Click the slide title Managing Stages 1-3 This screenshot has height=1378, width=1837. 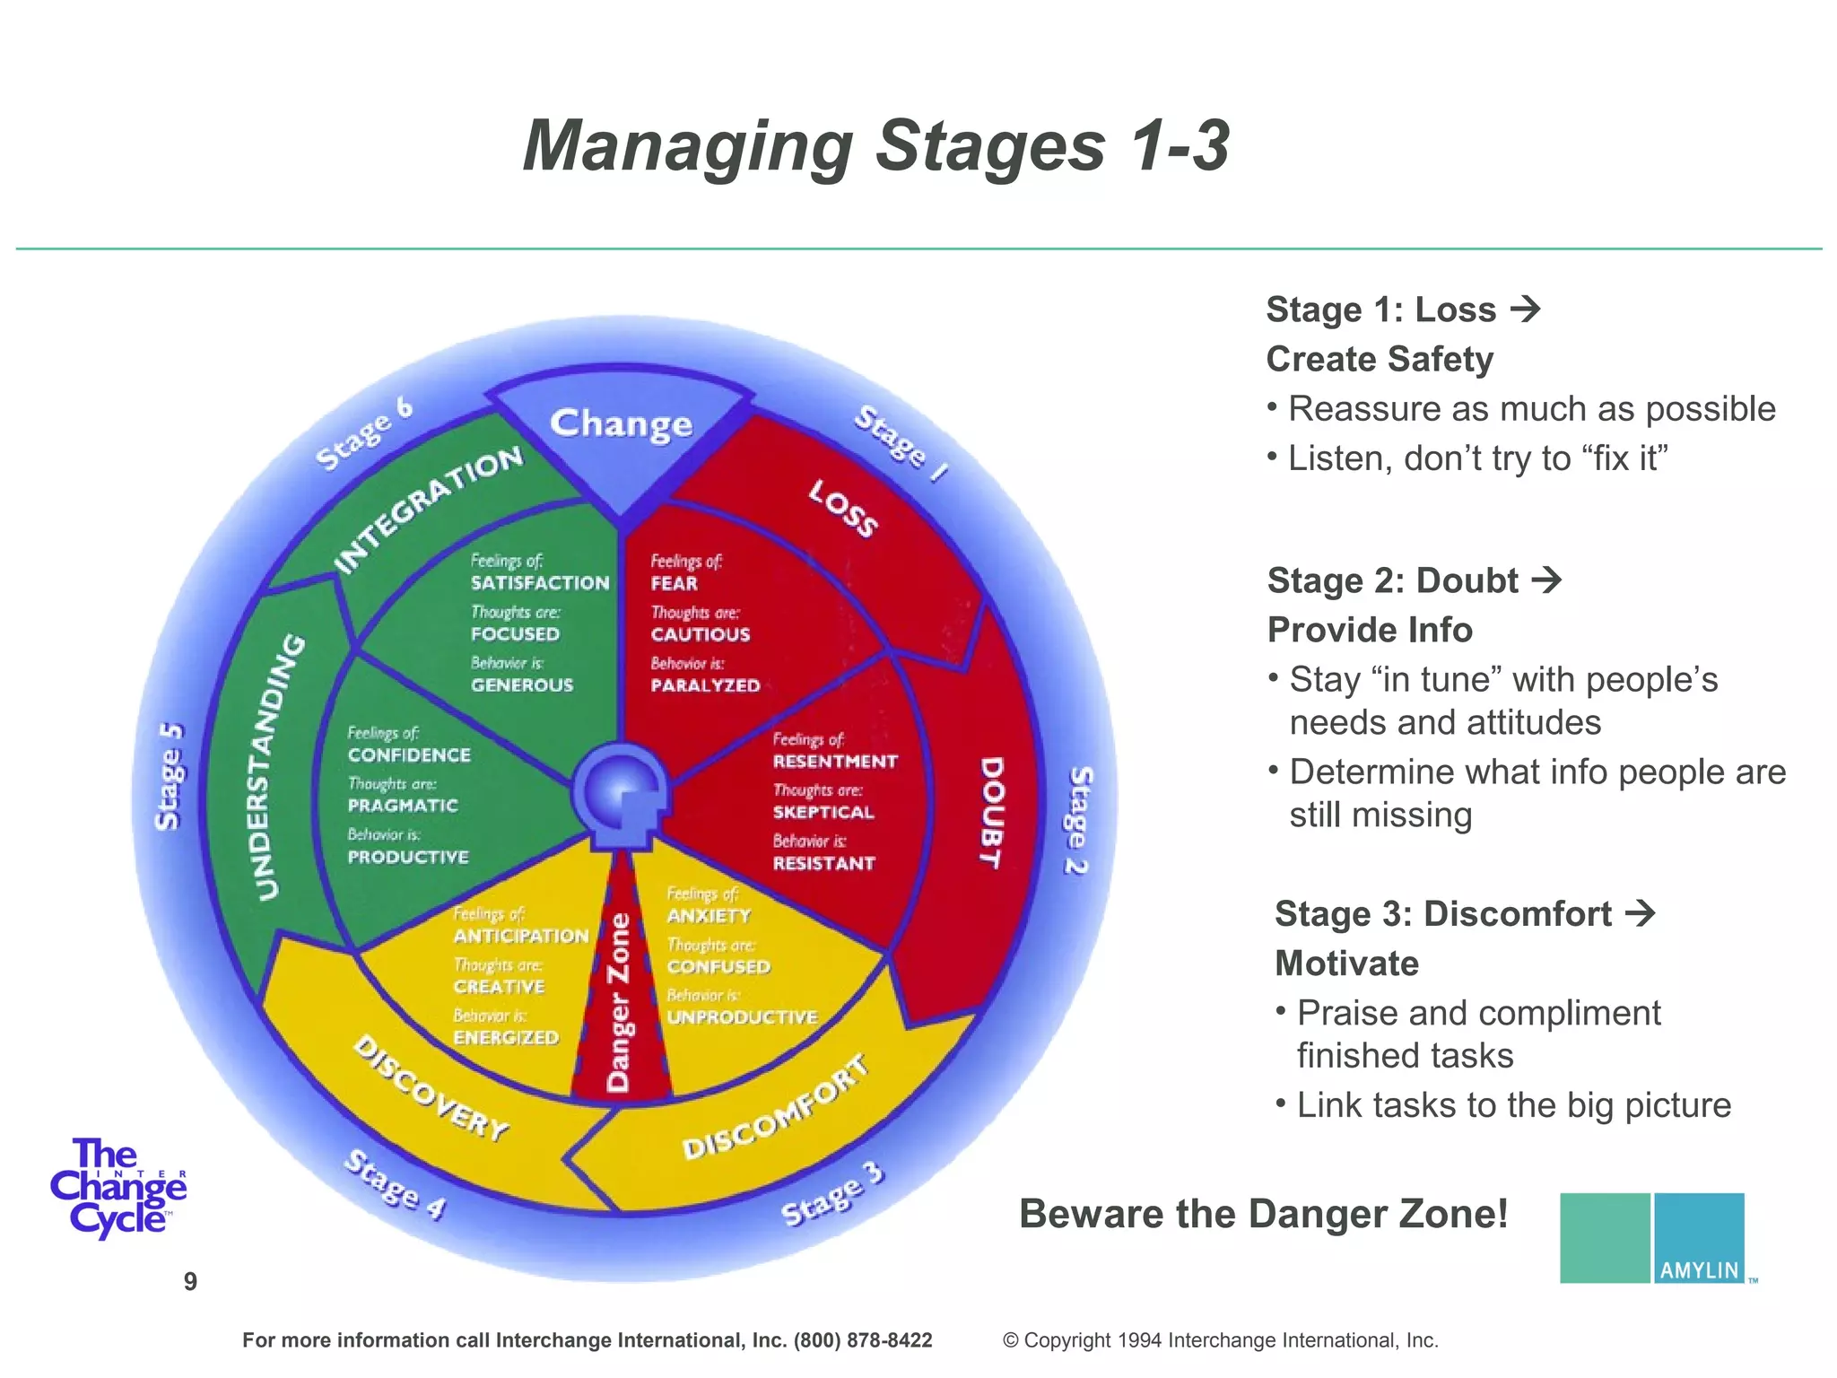[x=875, y=146]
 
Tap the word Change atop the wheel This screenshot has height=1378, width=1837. [x=621, y=423]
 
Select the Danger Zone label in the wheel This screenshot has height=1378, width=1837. [x=619, y=1003]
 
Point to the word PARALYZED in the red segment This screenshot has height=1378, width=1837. [x=705, y=685]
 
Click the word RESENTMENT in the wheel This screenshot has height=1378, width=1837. [x=834, y=762]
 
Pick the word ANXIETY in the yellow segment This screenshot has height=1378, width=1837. [x=709, y=916]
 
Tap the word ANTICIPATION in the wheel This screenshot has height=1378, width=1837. [x=520, y=936]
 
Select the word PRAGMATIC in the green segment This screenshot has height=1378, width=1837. [x=403, y=806]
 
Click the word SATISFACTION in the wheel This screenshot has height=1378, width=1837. [x=540, y=583]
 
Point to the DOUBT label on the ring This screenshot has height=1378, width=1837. [x=990, y=812]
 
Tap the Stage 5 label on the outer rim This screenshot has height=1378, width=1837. [x=169, y=776]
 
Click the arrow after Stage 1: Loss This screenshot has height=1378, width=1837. [x=1525, y=310]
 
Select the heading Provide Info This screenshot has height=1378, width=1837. [x=1370, y=630]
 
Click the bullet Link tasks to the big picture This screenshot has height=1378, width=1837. [x=1513, y=1105]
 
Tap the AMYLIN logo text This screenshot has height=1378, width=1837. [x=1699, y=1269]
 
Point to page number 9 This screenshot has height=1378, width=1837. [x=190, y=1281]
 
